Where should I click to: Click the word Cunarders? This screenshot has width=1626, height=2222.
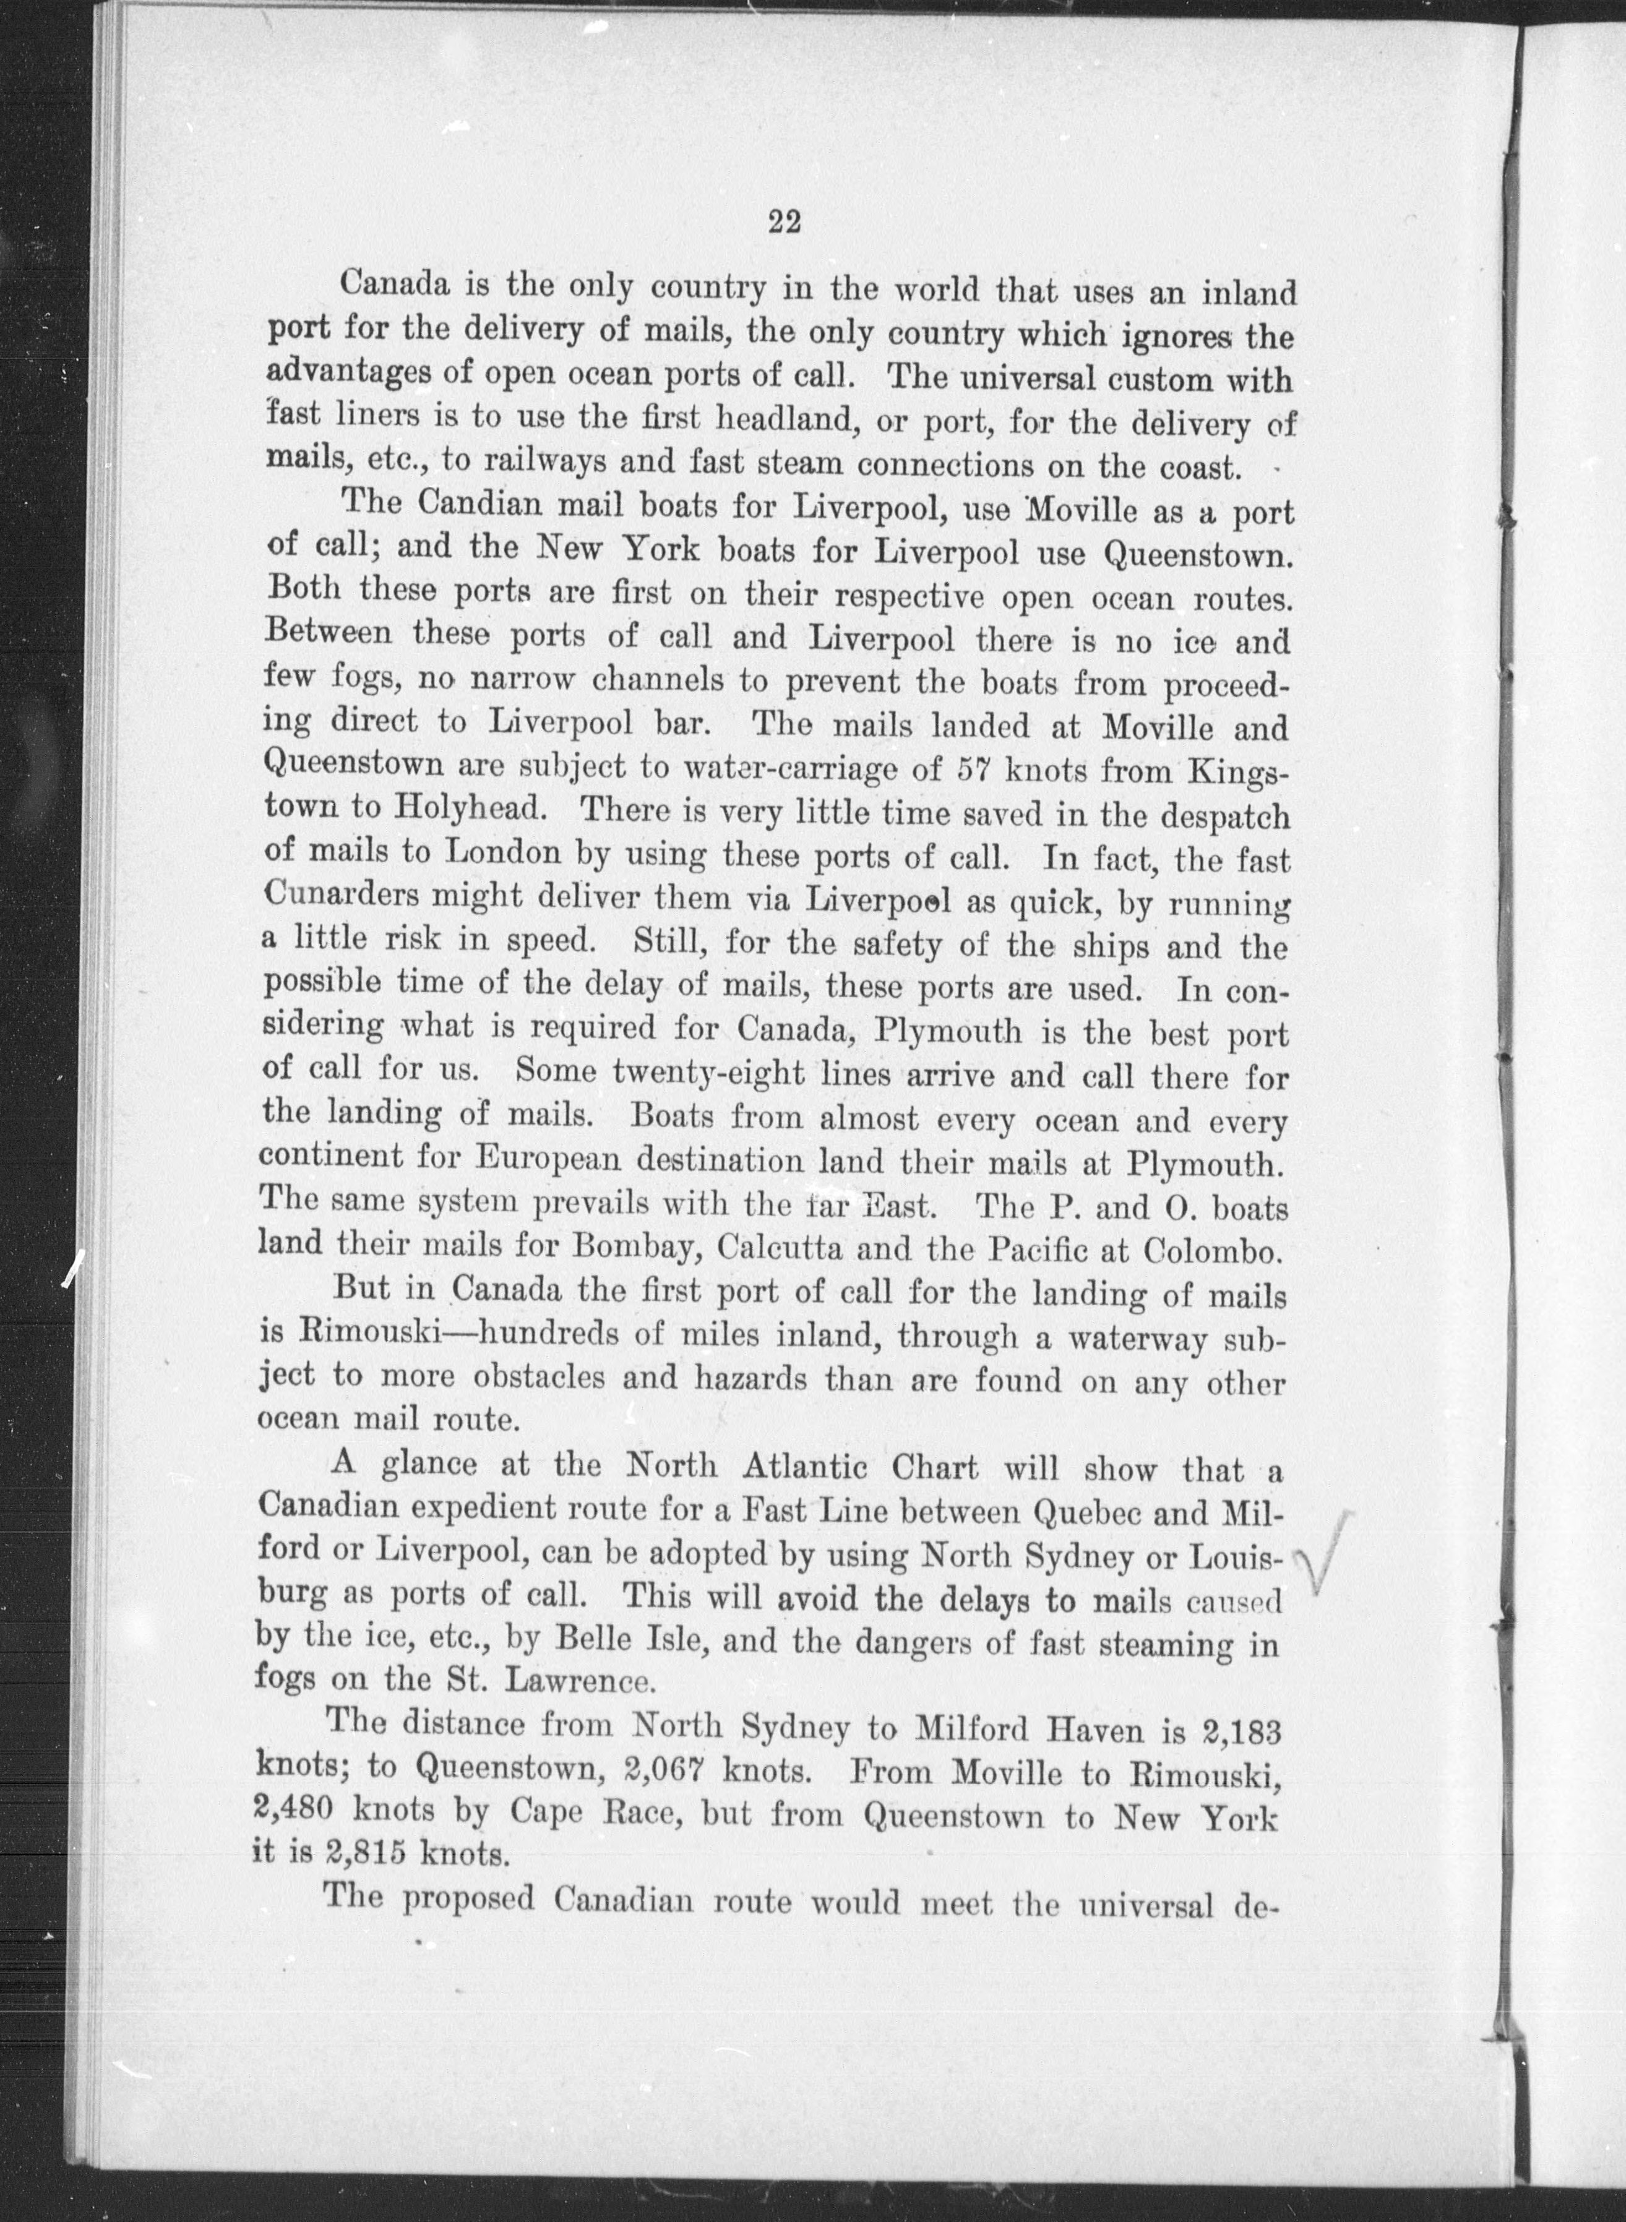click(338, 896)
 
